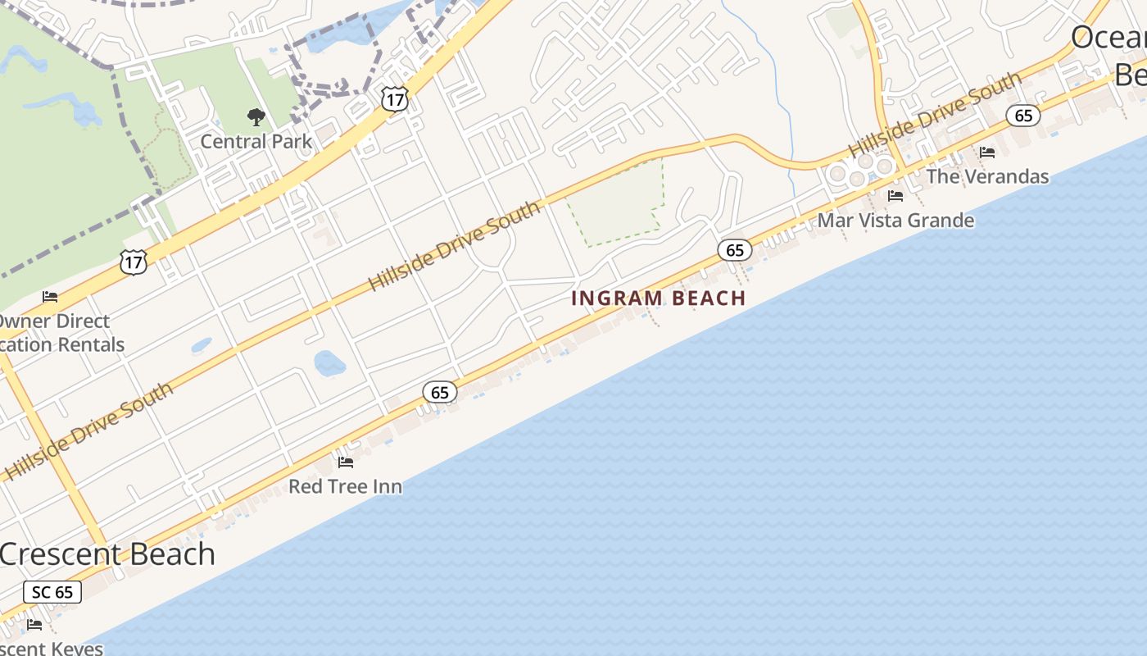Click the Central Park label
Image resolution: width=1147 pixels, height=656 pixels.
256,141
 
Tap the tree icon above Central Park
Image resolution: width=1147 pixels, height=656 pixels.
256,117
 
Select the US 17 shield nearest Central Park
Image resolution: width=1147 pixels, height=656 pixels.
394,99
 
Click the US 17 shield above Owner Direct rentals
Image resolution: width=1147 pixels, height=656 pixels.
133,262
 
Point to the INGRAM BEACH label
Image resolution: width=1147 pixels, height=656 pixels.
658,298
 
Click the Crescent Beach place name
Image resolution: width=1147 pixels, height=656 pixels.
107,554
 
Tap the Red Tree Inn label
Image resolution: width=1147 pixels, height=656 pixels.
345,486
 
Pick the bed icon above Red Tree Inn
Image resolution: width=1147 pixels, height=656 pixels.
346,462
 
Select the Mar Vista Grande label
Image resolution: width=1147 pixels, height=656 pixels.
895,221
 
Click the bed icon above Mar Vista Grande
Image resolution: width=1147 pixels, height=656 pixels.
895,196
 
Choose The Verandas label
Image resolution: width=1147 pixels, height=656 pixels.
987,176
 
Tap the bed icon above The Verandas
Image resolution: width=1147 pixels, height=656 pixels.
987,153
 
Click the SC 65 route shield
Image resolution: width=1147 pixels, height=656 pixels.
52,592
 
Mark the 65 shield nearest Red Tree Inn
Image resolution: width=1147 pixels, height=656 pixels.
440,393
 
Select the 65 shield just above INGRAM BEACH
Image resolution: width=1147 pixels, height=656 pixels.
735,250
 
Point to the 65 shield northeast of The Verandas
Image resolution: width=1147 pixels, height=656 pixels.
1023,116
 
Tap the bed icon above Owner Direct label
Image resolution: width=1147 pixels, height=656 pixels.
50,297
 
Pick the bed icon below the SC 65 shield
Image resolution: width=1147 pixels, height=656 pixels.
34,625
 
